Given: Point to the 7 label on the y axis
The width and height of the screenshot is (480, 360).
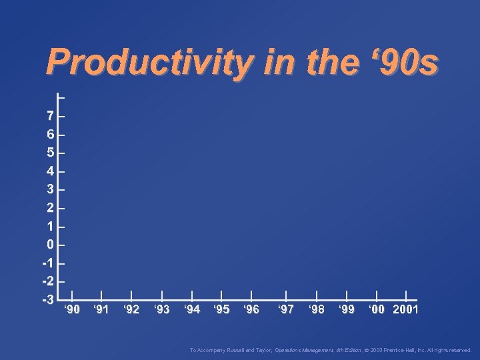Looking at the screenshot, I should tap(51, 116).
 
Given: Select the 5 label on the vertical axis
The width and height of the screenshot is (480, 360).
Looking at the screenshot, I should tap(51, 153).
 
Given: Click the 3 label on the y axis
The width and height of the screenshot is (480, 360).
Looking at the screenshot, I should tap(51, 189).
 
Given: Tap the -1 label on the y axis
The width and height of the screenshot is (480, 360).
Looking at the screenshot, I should tap(49, 262).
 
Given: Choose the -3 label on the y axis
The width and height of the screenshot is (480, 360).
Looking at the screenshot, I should tap(49, 299).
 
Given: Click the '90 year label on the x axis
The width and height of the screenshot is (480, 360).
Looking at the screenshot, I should tap(72, 309).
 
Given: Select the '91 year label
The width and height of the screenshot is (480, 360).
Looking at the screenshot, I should tap(101, 309).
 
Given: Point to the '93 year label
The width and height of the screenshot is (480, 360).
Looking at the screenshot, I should tap(161, 309).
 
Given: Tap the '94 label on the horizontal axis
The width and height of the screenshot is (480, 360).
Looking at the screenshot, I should tap(191, 309).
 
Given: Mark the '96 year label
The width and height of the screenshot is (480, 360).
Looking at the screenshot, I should tap(251, 309).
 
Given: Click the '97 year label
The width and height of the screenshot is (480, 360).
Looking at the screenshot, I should tap(286, 309).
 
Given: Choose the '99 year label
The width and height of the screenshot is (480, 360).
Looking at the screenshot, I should tap(345, 309).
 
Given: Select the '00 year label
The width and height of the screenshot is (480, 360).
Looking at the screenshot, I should tap(377, 309).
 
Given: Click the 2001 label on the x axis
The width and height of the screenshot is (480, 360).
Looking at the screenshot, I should tap(406, 309).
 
